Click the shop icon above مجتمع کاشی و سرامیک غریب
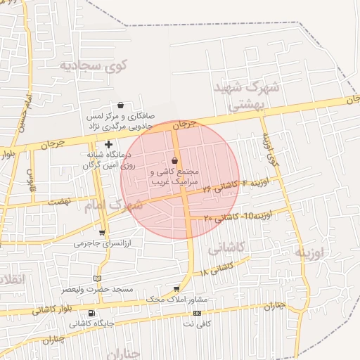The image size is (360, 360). pyautogui.click(x=174, y=160)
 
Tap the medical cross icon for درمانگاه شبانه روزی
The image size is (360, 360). pyautogui.click(x=108, y=144)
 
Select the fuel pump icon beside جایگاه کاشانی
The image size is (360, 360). pyautogui.click(x=91, y=314)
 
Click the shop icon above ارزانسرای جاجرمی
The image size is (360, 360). pyautogui.click(x=102, y=233)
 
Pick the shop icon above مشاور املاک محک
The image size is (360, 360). pyautogui.click(x=176, y=289)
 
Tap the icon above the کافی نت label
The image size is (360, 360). pyautogui.click(x=197, y=314)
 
